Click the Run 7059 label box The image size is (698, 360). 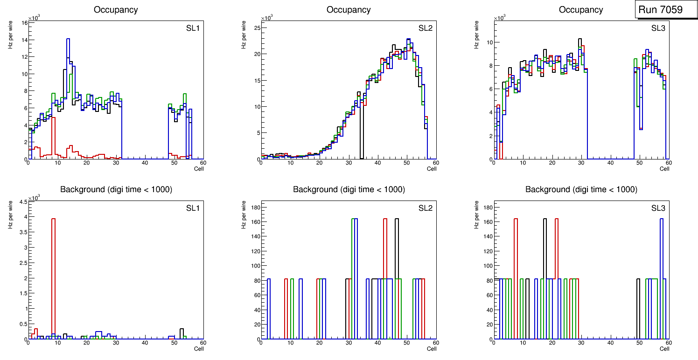pyautogui.click(x=663, y=10)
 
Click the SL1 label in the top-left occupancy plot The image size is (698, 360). pyautogui.click(x=193, y=28)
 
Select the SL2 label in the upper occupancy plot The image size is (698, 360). pyautogui.click(x=425, y=28)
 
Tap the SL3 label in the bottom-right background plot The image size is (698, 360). pyautogui.click(x=658, y=208)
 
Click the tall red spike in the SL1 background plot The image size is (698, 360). pyautogui.click(x=53, y=261)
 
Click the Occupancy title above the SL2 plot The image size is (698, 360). pyautogui.click(x=349, y=10)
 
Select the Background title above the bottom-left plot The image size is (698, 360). pyautogui.click(x=116, y=189)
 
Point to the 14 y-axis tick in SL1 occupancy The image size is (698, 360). pyautogui.click(x=23, y=40)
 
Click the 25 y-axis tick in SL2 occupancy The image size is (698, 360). pyautogui.click(x=256, y=28)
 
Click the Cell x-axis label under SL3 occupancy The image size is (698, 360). pyautogui.click(x=664, y=169)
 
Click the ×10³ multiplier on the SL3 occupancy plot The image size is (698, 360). pyautogui.click(x=500, y=18)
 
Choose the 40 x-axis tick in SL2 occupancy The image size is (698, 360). pyautogui.click(x=377, y=163)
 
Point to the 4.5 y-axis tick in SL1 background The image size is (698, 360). pyautogui.click(x=22, y=201)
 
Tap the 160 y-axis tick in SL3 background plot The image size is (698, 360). pyautogui.click(x=486, y=219)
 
